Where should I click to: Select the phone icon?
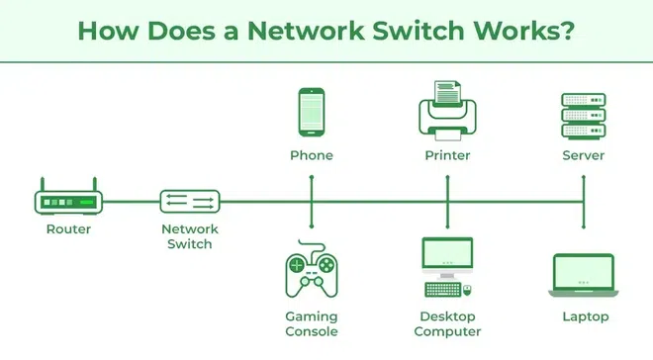point(312,113)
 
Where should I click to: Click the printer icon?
point(448,113)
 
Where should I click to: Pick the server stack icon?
point(583,115)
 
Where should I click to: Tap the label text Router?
point(68,229)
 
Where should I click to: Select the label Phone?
point(312,155)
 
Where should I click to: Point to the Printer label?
point(448,155)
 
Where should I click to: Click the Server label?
point(583,155)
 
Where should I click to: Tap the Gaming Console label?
point(312,323)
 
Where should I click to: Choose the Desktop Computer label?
point(448,323)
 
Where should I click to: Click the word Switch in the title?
point(410,29)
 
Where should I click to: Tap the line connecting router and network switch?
point(131,202)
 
